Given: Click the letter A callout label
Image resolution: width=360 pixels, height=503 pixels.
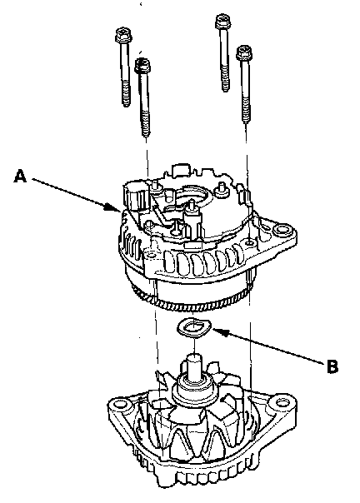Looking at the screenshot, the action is (x=20, y=177).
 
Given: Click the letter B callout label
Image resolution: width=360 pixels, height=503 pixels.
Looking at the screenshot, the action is (x=332, y=366).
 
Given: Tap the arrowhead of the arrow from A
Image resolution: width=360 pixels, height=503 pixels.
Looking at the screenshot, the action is (x=114, y=208).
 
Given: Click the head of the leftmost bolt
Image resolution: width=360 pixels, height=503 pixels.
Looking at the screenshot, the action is (x=123, y=35).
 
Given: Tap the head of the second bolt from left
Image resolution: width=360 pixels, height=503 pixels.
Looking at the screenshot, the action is (x=142, y=66).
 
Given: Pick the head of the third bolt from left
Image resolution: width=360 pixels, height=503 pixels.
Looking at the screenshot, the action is (x=222, y=22).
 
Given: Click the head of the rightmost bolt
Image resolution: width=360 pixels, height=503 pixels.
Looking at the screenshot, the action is (x=244, y=53).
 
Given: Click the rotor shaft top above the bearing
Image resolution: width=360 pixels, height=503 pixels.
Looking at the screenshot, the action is (x=193, y=364).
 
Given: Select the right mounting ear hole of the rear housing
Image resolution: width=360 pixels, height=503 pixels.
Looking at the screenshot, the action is (x=282, y=230).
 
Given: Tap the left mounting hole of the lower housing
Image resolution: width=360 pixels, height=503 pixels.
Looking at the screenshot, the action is (x=118, y=403).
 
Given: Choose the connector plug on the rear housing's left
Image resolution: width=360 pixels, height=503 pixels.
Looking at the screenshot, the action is (x=134, y=196).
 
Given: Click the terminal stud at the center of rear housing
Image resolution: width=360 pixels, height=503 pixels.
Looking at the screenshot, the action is (x=192, y=208).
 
